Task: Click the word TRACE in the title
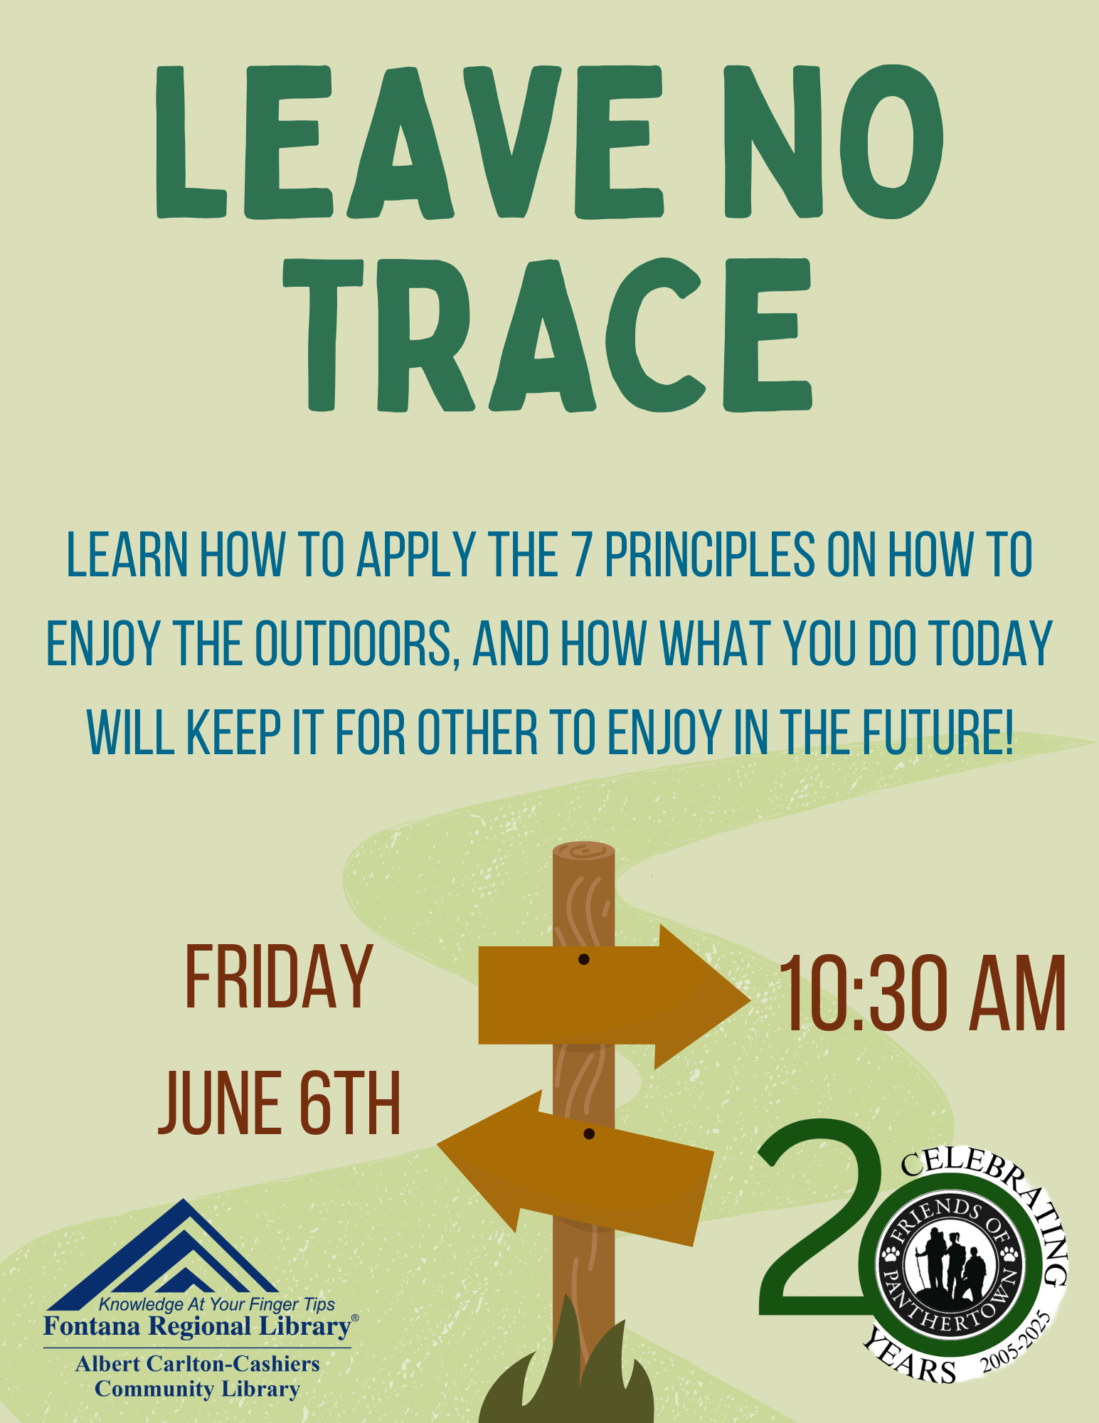tap(548, 334)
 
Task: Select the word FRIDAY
tap(279, 976)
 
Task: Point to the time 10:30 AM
tap(923, 994)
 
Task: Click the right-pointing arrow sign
tap(615, 996)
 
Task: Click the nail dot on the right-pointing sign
tap(584, 960)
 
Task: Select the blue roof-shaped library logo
tap(163, 1255)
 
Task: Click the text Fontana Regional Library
tap(197, 1326)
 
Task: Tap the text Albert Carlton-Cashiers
tap(198, 1364)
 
